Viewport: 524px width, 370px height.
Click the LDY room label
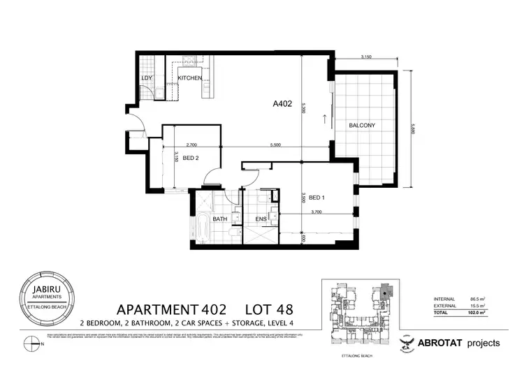click(147, 78)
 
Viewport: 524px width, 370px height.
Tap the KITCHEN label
click(189, 78)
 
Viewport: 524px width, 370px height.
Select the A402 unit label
click(282, 105)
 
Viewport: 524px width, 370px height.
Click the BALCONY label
click(363, 126)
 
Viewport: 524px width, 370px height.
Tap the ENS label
click(259, 219)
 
